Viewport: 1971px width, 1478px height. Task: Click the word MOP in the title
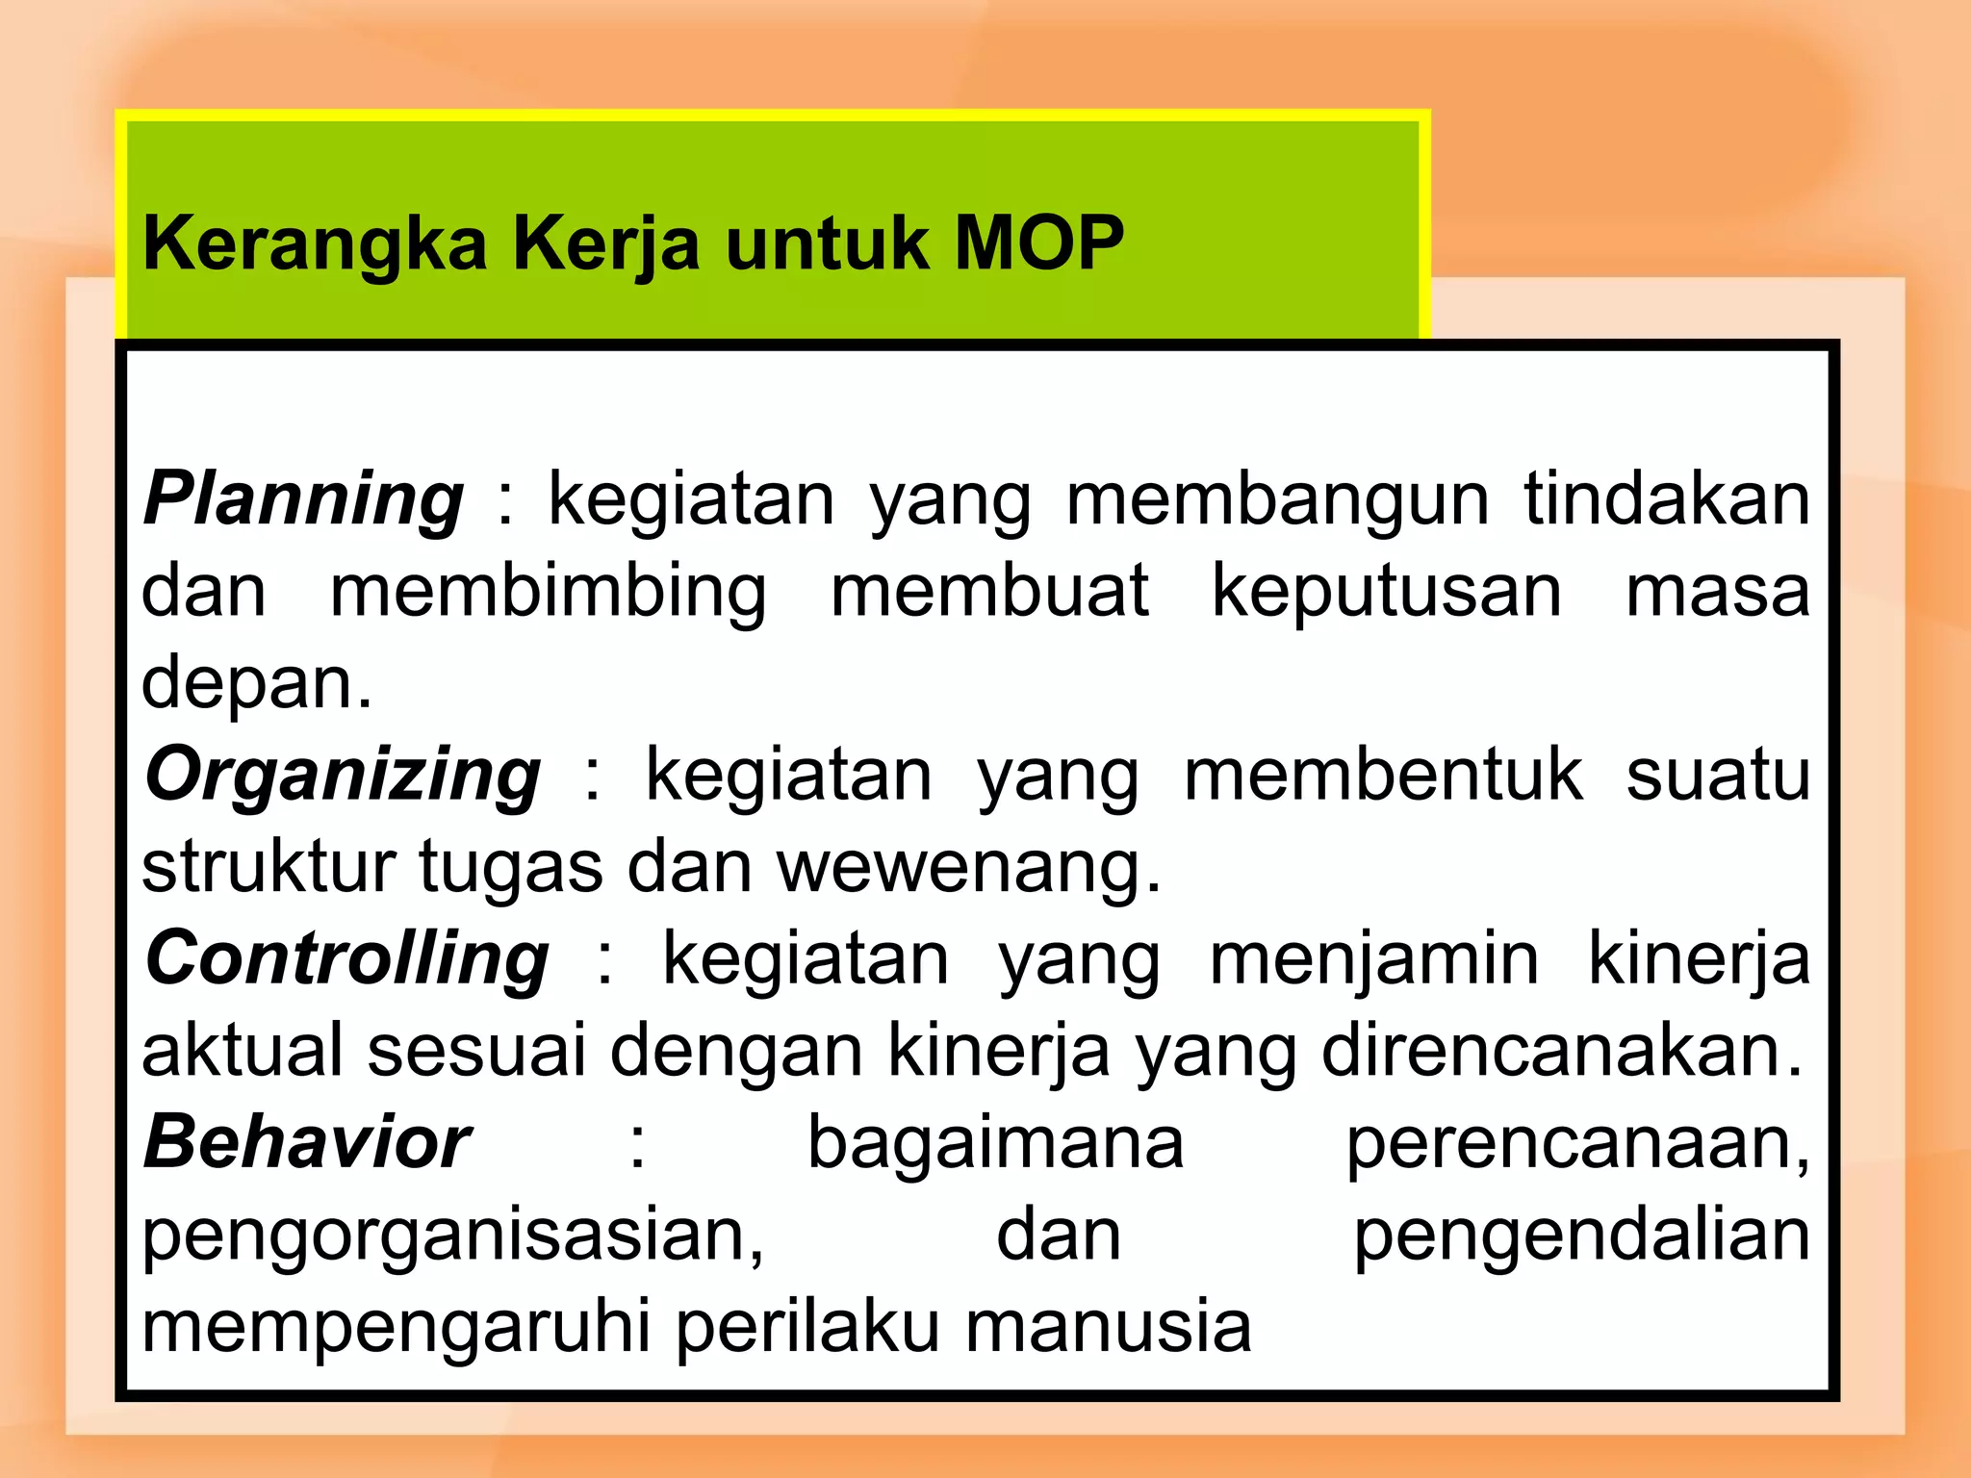click(1038, 242)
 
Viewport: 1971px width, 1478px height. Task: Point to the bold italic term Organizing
click(343, 776)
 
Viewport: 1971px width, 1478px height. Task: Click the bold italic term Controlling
click(346, 959)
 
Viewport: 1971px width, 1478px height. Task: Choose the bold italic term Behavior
click(307, 1142)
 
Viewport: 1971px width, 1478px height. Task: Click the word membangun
click(1277, 500)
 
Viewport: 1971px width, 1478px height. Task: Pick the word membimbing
click(549, 593)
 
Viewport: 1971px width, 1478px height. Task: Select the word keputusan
click(1386, 591)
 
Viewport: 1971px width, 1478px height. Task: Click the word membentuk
click(1382, 776)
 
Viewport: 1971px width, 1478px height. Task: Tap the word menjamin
click(1374, 961)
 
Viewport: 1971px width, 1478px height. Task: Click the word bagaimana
click(995, 1144)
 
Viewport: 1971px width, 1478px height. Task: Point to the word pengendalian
click(1581, 1236)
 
